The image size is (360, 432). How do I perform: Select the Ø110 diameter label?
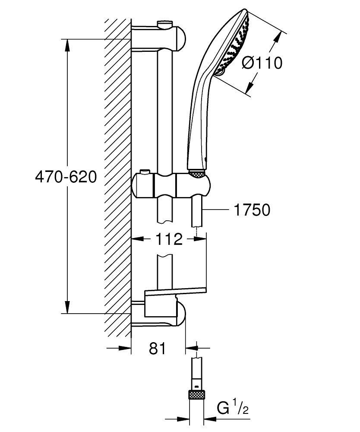(x=262, y=63)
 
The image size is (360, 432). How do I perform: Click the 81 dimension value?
(x=157, y=348)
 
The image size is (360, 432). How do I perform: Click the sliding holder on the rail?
(x=171, y=184)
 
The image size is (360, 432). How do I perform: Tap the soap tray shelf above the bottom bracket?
(x=174, y=292)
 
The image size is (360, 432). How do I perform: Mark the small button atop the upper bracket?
(x=164, y=23)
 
